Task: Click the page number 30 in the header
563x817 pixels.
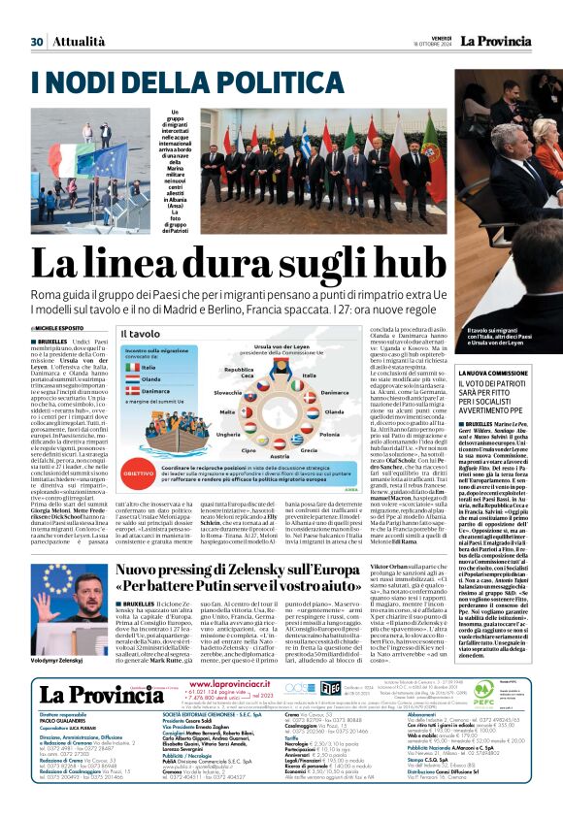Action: pos(37,42)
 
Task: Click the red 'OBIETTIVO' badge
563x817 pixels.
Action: pos(140,445)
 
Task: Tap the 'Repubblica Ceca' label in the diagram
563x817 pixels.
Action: pos(238,374)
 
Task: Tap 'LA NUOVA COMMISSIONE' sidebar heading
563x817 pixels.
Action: pos(466,374)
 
